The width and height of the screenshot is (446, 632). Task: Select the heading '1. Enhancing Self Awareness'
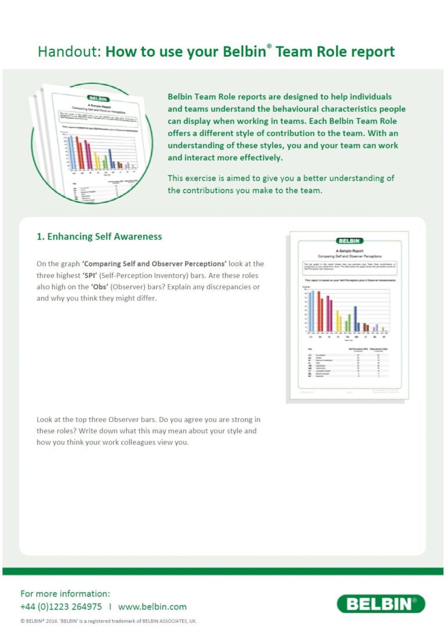99,237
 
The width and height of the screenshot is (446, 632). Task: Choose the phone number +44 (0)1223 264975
61,606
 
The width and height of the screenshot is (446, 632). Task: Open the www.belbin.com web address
152,606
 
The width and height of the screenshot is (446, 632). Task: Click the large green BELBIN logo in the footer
380,604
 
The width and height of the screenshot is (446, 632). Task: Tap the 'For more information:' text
64,593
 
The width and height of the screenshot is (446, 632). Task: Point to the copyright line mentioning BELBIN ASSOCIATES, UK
109,622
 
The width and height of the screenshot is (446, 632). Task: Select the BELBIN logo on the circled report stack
97,99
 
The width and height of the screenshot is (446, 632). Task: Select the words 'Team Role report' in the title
334,52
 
